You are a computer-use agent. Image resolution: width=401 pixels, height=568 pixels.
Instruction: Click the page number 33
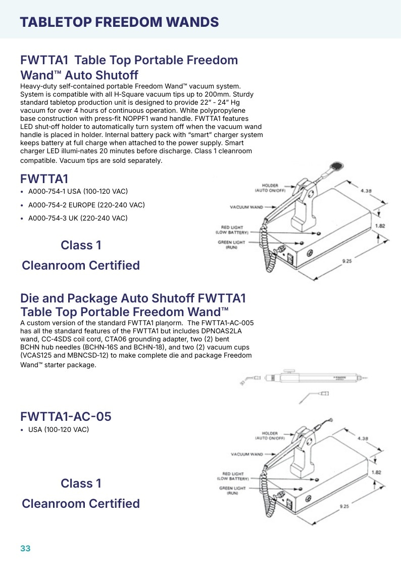coord(25,548)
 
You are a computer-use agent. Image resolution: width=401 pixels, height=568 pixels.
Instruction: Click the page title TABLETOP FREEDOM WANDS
coord(119,22)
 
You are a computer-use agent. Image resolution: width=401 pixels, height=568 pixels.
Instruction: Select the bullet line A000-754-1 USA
coord(78,191)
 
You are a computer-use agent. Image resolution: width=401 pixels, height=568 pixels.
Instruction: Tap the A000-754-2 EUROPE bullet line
coord(86,205)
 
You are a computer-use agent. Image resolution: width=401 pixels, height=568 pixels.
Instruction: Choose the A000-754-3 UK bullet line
coord(78,218)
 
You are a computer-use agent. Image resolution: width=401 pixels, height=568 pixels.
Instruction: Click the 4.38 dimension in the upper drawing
coord(366,191)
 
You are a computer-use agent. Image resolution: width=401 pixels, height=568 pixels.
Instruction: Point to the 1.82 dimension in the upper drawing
coord(380,226)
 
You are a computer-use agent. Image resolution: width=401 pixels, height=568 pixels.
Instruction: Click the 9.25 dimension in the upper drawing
coord(347,261)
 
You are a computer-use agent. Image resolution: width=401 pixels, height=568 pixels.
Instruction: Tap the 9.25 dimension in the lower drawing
coord(344,506)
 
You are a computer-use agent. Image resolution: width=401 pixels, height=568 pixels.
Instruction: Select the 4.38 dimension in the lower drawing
coord(363,439)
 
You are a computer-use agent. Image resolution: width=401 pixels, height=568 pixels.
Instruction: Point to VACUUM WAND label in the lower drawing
coord(247,454)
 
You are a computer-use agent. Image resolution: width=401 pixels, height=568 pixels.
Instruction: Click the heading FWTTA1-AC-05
coord(66,417)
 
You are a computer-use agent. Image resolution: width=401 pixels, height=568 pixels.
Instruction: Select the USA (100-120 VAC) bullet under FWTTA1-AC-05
coord(59,429)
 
